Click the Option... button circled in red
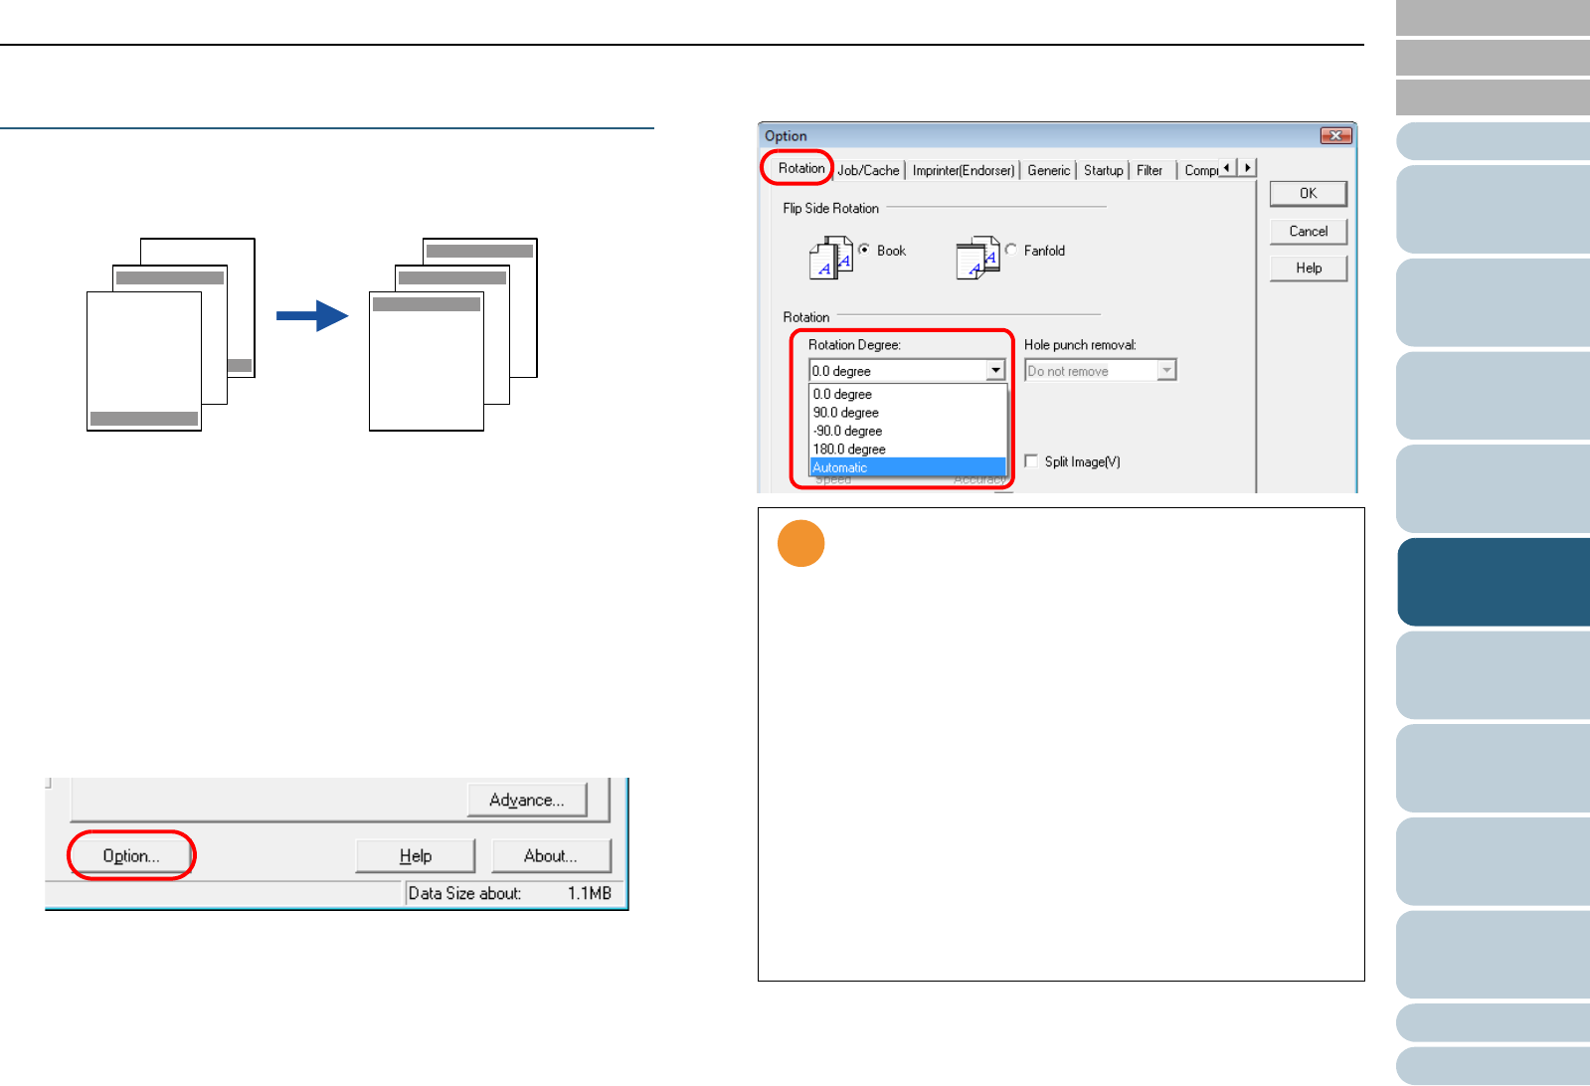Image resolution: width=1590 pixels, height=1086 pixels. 131,855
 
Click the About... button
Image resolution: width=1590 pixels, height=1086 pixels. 551,855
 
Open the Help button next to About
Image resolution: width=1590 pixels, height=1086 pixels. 416,855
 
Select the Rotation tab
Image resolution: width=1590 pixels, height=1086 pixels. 800,168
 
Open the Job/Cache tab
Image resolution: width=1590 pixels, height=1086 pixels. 868,170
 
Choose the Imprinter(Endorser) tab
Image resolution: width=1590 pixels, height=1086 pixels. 964,170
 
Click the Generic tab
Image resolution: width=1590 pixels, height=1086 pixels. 1048,170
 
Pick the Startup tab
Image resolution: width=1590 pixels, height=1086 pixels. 1103,170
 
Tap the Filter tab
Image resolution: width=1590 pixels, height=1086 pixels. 1149,170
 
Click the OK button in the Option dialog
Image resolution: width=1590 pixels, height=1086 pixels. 1308,193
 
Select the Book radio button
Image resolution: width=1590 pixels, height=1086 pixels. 864,250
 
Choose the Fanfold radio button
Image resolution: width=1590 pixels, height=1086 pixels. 1011,250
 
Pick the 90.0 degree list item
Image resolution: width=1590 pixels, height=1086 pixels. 846,413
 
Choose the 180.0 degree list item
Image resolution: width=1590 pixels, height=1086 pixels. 849,450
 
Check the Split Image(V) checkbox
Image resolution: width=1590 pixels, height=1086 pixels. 1031,461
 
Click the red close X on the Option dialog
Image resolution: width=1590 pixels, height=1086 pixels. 1335,135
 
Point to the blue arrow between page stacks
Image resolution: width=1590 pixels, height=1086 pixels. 312,316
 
